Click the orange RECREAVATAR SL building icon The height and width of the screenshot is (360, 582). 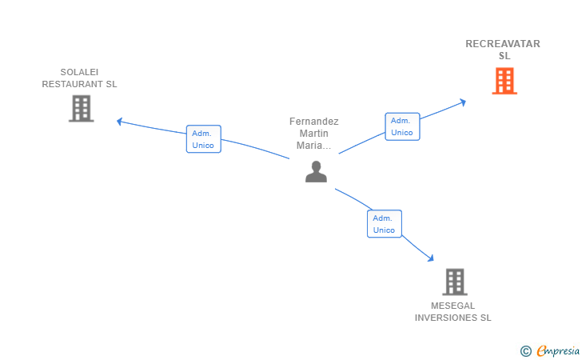[504, 81]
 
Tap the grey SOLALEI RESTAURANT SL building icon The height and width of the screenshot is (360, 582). [82, 108]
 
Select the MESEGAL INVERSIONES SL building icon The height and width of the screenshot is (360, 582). [454, 282]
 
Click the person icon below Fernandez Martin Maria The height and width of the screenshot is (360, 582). [316, 171]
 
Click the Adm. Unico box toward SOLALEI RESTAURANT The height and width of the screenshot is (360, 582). [203, 139]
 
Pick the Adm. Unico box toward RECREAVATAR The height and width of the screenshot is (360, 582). [402, 126]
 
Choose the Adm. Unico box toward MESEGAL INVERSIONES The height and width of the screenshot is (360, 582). [384, 224]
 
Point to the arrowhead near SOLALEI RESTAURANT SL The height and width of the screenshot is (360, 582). [120, 122]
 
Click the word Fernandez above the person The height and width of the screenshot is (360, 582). [314, 122]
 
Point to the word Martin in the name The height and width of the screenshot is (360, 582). [314, 134]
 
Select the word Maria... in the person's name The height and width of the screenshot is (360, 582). [314, 146]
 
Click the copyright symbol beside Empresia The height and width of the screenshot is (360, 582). [525, 350]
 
